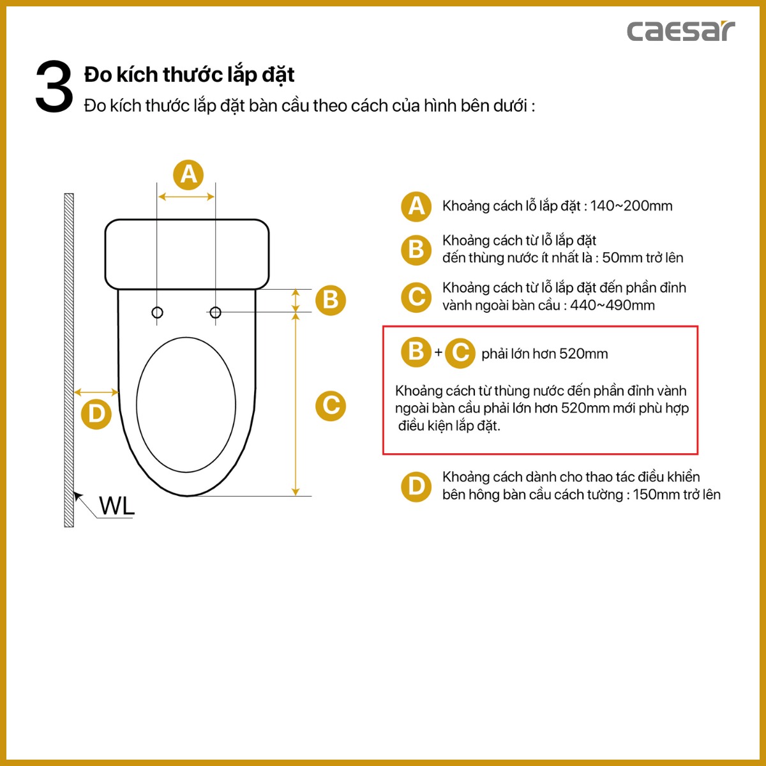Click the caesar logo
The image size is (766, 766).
coord(680,31)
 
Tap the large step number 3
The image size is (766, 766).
coord(54,87)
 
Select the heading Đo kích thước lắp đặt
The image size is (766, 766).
coord(189,75)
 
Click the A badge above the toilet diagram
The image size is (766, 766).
coord(188,174)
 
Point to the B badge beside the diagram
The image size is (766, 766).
coord(331,299)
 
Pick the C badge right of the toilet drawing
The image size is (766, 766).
coord(331,405)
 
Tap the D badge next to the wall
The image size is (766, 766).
coord(96,414)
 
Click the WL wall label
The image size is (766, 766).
coord(117,506)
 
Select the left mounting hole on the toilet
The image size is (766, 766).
coord(157,312)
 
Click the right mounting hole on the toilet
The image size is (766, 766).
coord(215,312)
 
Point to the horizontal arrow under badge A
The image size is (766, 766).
coord(186,197)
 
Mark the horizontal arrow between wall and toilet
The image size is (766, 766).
coord(96,392)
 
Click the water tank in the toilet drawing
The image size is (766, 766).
coord(186,254)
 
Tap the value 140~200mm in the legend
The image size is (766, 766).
coord(631,206)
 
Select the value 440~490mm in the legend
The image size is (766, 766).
coord(612,305)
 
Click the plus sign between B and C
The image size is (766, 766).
coord(439,352)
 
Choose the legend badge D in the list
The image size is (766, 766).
coord(416,486)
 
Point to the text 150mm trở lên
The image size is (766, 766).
coord(677,495)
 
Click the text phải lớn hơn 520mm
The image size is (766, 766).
coord(544,354)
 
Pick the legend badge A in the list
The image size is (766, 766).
coord(416,206)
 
